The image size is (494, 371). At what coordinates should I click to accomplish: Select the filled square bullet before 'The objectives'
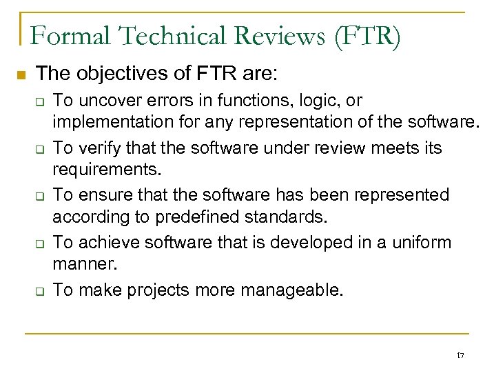[20, 74]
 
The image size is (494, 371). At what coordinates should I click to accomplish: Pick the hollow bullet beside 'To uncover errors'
[40, 101]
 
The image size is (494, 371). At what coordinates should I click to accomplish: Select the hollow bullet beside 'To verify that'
[40, 149]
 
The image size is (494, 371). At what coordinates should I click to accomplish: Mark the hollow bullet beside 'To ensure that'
[40, 196]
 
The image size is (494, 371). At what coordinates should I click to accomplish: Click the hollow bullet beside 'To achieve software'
[40, 243]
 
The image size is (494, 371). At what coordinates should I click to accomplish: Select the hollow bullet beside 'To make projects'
[40, 290]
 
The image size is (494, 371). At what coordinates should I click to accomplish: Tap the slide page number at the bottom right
[460, 356]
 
